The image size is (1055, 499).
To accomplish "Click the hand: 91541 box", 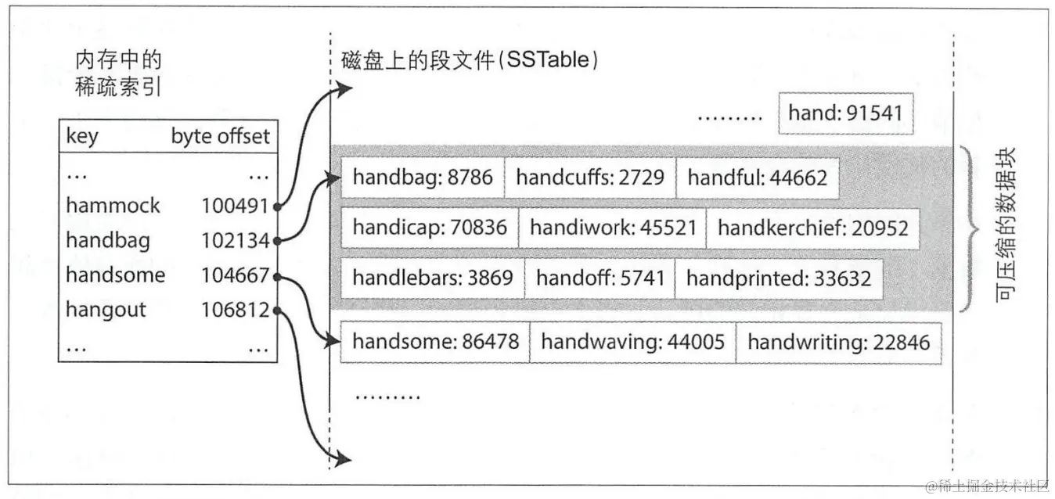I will click(845, 113).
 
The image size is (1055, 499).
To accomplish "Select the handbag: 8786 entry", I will click(423, 178).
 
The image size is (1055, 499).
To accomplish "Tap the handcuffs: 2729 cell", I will click(589, 178).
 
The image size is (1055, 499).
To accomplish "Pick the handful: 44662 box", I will click(757, 178).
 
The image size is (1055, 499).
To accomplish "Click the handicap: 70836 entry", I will click(430, 228).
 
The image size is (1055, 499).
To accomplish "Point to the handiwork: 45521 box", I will click(612, 228).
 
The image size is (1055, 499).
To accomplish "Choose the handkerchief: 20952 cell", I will click(812, 228).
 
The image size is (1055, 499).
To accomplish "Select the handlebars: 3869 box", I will click(433, 278).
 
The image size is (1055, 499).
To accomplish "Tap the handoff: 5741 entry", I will click(600, 278).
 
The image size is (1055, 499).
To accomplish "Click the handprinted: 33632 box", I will click(778, 278).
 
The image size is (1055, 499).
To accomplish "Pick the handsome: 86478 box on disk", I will click(435, 342).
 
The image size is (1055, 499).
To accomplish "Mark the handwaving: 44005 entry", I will click(632, 342).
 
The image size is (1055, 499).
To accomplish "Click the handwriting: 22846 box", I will click(838, 342).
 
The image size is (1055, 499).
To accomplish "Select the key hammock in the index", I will click(113, 206).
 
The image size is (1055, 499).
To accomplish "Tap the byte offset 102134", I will click(235, 240).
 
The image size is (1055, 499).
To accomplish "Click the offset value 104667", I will click(235, 275).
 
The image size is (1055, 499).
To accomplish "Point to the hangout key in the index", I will click(106, 310).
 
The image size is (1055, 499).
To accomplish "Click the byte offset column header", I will click(221, 136).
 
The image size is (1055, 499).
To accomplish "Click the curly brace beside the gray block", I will click(970, 228).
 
